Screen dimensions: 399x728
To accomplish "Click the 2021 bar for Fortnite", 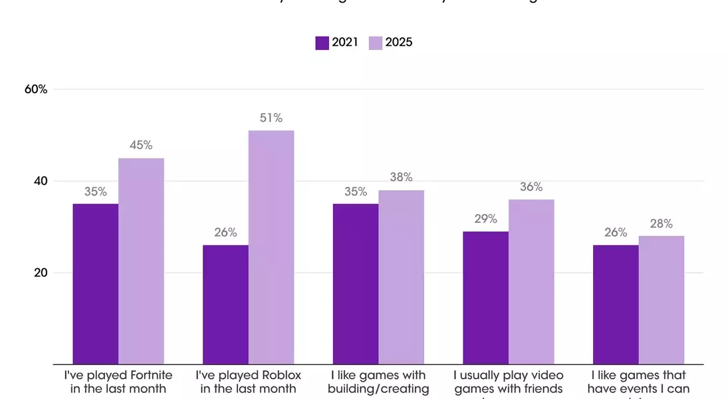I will click(96, 284).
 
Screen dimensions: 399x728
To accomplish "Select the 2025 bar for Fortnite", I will click(141, 261).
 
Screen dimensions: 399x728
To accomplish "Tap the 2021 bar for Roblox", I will click(225, 305).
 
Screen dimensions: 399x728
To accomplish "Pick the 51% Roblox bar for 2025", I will click(271, 247).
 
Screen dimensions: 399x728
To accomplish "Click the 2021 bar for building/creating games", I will click(356, 284).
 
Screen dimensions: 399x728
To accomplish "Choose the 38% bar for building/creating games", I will click(402, 277).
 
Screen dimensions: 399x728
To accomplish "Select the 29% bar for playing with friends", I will click(486, 298).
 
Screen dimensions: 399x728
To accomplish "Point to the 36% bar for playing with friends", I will click(531, 282).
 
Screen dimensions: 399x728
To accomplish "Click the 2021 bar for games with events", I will click(616, 305).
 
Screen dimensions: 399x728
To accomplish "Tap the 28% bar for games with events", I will click(662, 300).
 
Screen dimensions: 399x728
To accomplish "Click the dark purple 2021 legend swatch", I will click(322, 43).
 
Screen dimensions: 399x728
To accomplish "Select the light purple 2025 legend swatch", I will click(376, 43).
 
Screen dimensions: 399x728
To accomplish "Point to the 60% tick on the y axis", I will click(36, 89).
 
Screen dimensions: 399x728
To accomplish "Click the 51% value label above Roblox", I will click(271, 118).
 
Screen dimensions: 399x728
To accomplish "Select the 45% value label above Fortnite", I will click(141, 146).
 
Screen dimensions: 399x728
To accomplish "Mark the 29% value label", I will click(486, 219).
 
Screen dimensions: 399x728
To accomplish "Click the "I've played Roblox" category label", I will click(248, 382).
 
